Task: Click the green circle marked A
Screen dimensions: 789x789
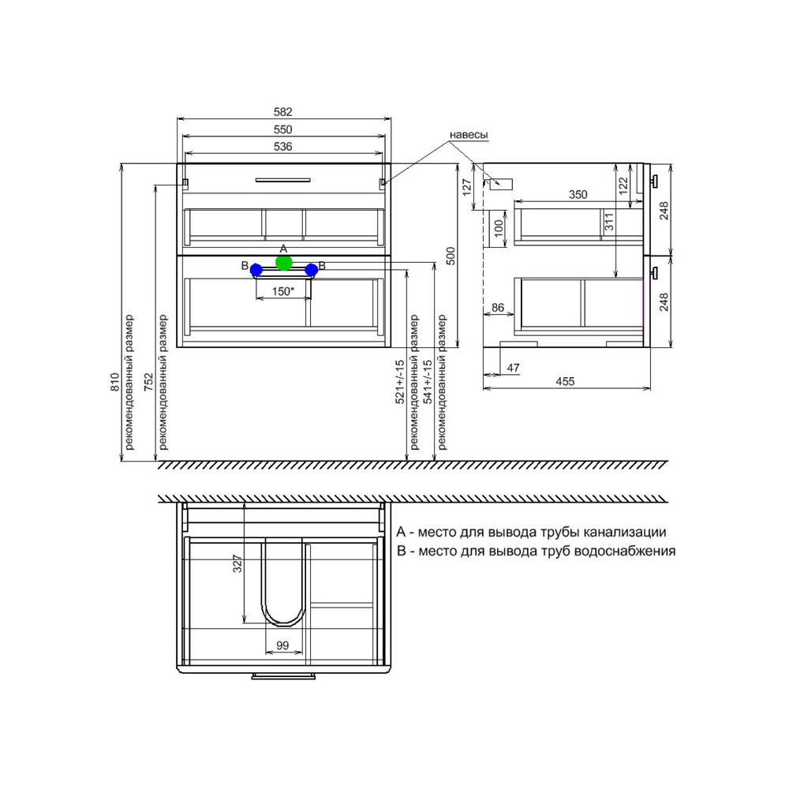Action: tap(284, 263)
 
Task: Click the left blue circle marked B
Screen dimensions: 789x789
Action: tap(256, 270)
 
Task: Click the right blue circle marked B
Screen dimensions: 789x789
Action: tap(312, 270)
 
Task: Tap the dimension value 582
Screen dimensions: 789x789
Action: tap(282, 112)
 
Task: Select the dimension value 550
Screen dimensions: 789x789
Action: tap(282, 130)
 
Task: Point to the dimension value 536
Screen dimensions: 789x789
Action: tap(282, 147)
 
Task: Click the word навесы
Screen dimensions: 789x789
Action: tap(469, 135)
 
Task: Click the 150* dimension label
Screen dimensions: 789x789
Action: tap(282, 291)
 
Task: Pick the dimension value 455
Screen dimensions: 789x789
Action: tap(565, 381)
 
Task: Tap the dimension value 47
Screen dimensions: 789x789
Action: tap(514, 368)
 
